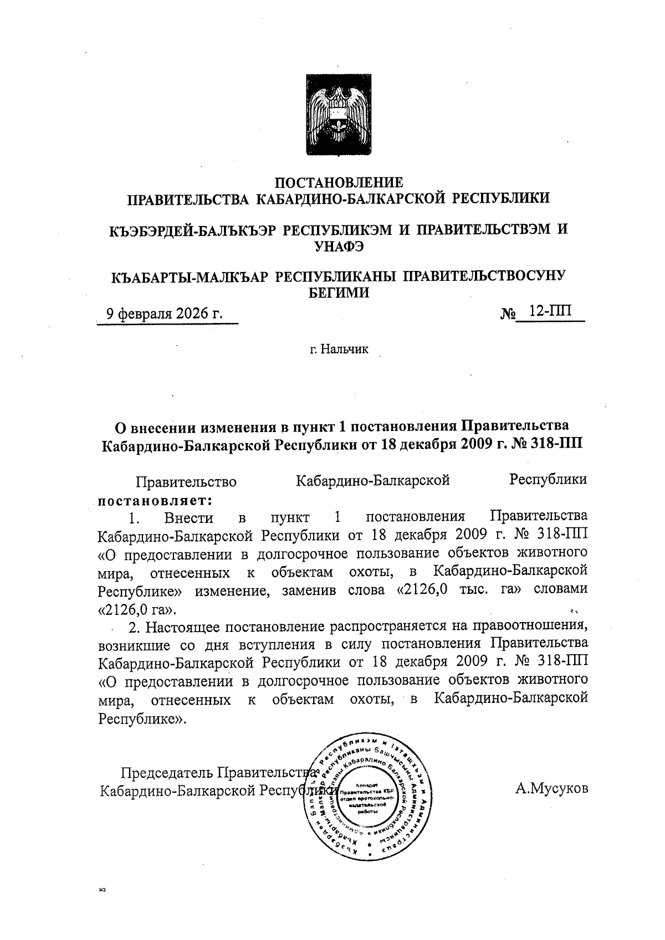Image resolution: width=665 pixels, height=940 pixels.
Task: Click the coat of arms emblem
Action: coord(339,116)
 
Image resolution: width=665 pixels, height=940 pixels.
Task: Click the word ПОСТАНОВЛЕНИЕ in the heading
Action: coord(339,182)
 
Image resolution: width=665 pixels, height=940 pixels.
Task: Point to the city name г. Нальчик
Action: coord(339,350)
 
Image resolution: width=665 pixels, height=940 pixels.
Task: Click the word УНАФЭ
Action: coord(339,246)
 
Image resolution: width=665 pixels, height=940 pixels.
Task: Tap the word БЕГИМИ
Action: coord(339,292)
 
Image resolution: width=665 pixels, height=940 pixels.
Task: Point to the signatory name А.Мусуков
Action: coord(551,788)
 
